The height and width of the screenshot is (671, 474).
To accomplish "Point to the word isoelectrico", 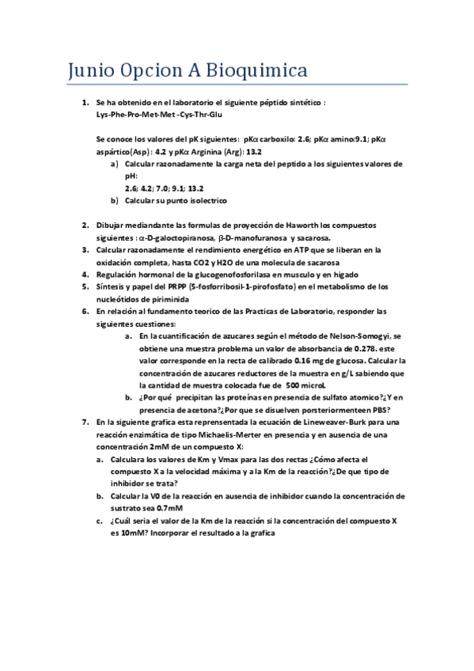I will click(x=180, y=200).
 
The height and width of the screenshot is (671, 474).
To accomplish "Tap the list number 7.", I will click(x=86, y=423).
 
